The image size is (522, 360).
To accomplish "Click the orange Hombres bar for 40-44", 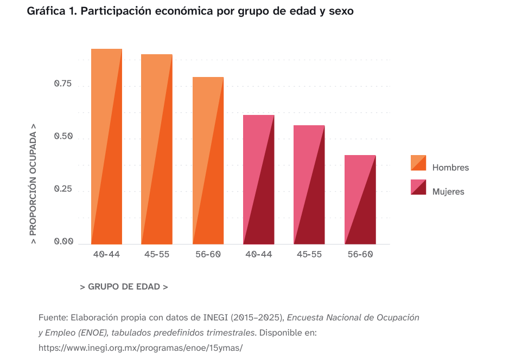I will [x=106, y=146].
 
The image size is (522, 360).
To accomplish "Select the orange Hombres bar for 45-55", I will [x=157, y=149].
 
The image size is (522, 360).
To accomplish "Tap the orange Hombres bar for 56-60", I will [x=208, y=160].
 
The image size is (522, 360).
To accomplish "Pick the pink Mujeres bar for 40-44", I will [x=258, y=179].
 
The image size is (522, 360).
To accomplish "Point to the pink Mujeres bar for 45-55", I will [x=309, y=185].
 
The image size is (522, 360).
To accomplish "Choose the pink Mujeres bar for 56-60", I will [x=360, y=200].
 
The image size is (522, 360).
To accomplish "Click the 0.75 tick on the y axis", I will [x=63, y=83].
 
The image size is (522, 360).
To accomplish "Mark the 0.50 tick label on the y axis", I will [x=63, y=137].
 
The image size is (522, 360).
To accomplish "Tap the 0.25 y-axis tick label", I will [x=63, y=189].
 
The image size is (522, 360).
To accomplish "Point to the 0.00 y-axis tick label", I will [x=63, y=242].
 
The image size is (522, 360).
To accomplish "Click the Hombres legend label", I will [x=450, y=168].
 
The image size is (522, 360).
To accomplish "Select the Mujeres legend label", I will [x=448, y=191].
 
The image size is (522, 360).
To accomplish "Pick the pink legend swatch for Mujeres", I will [x=418, y=187].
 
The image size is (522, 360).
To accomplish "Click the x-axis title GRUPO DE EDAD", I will [x=124, y=287].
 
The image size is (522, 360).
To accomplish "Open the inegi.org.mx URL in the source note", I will [x=141, y=348].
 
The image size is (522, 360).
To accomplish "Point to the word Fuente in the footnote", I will [x=53, y=318].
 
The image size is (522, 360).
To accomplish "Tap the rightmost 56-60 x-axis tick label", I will [x=360, y=254].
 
